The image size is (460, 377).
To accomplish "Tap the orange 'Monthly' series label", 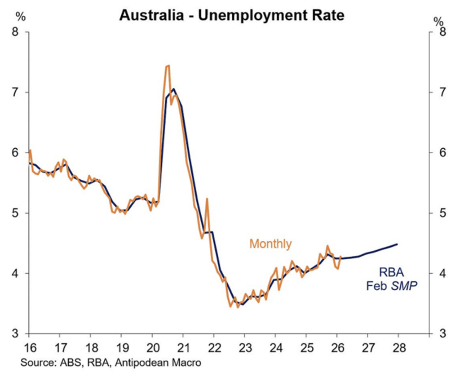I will pos(270,244).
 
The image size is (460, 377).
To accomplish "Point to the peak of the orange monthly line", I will pos(168,66).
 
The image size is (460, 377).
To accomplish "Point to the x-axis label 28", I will pos(398,347).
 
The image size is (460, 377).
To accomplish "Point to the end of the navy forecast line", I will pos(397,244).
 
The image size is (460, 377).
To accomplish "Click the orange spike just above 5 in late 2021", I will pos(207,199).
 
